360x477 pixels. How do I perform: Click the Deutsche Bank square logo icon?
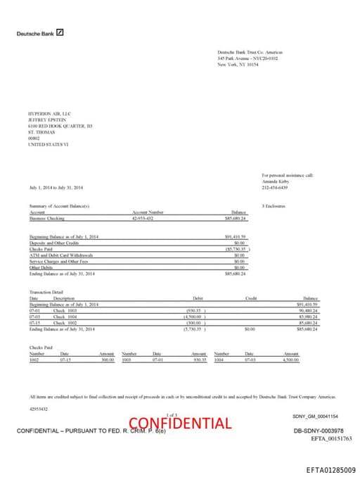[x=60, y=32]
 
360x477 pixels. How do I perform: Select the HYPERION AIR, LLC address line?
[x=49, y=113]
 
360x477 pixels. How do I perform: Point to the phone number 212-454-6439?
[x=274, y=188]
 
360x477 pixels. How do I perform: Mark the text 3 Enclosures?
[x=274, y=205]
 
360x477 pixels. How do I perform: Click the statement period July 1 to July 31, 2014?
[x=56, y=188]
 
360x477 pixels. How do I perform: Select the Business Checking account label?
[x=46, y=219]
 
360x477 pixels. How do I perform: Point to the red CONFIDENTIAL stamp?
[x=189, y=424]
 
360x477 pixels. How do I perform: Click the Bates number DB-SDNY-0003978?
[x=318, y=431]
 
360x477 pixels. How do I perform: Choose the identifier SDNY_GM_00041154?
[x=315, y=416]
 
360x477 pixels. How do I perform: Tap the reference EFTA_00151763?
[x=331, y=438]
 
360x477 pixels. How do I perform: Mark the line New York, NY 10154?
[x=238, y=64]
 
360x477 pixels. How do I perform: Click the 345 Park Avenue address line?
[x=247, y=58]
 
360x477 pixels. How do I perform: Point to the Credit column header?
[x=250, y=298]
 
